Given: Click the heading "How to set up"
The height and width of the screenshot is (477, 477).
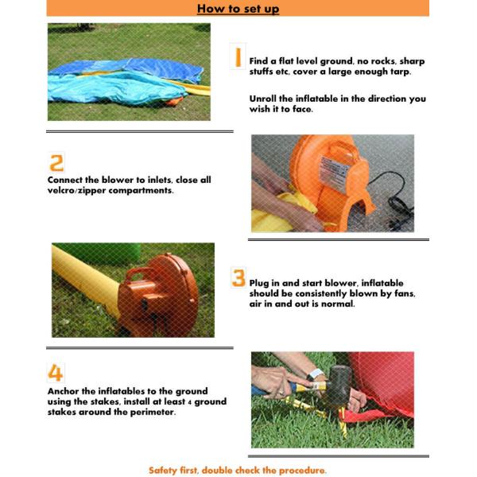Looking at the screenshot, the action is [x=238, y=9].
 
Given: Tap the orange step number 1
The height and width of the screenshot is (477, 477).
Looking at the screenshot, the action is [x=238, y=57].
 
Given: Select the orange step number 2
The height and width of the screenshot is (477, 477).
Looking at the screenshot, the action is [x=56, y=163].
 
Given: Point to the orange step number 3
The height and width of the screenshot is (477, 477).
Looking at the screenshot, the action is [x=238, y=277].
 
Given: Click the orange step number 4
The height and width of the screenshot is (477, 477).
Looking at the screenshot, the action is [x=56, y=373].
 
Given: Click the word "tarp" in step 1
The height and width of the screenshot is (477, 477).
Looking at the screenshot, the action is [x=400, y=72].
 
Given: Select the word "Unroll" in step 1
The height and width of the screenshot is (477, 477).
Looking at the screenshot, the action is [x=263, y=99].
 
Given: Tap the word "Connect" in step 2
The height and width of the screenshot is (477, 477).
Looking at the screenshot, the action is [x=65, y=180].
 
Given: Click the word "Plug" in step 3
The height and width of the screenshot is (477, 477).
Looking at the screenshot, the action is [x=259, y=284].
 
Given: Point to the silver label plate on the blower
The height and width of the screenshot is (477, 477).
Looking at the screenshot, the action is [x=333, y=171].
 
